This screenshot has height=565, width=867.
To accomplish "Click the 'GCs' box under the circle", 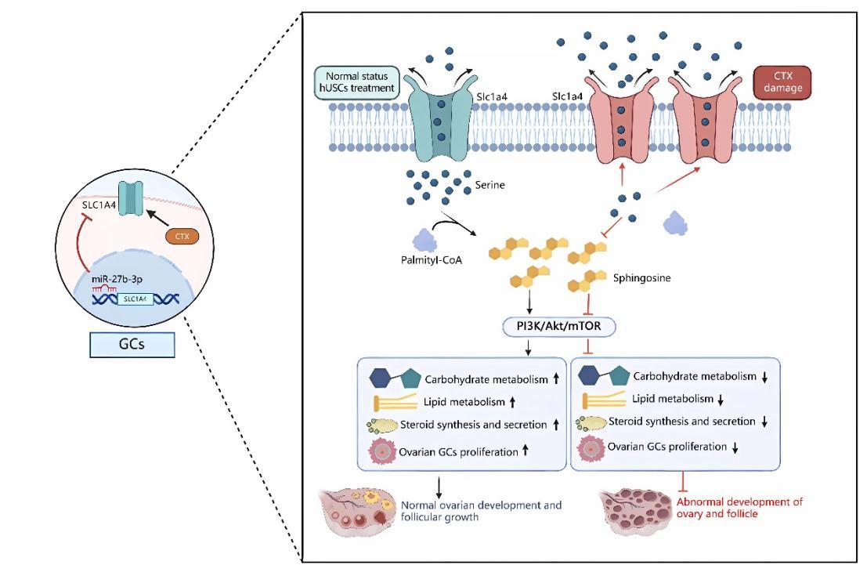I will (131, 345).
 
